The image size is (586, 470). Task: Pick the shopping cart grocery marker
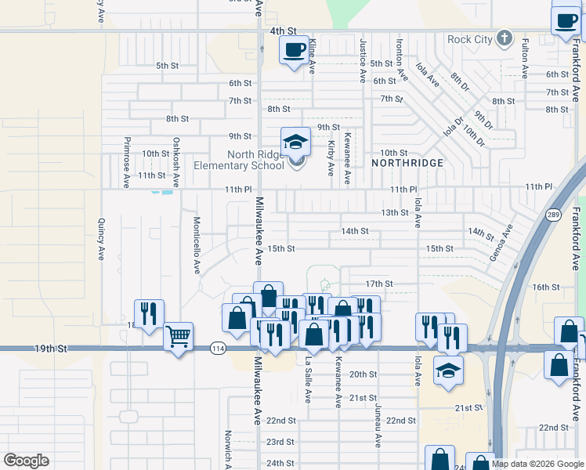click(x=179, y=338)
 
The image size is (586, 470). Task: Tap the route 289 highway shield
click(x=553, y=215)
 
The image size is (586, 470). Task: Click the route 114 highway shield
click(x=218, y=348)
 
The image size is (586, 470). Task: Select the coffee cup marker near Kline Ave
click(x=294, y=51)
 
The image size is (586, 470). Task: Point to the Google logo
click(x=26, y=461)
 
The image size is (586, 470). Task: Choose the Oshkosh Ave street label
click(x=177, y=162)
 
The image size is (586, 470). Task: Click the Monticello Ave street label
click(x=197, y=245)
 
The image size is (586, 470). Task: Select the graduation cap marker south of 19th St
click(x=448, y=370)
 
